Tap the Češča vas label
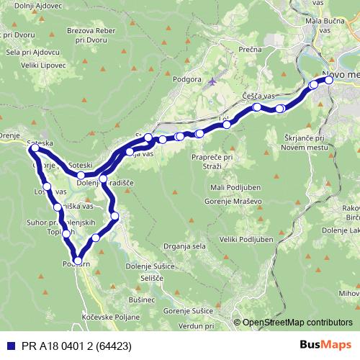point(258,96)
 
